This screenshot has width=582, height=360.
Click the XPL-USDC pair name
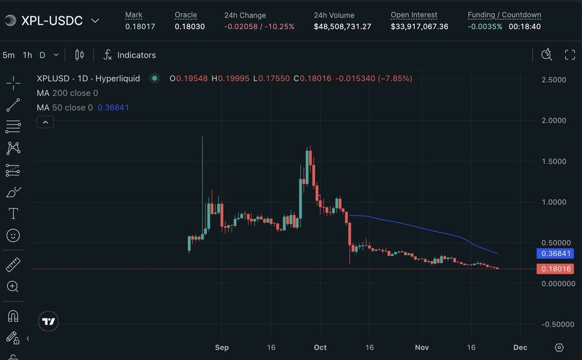[52, 21]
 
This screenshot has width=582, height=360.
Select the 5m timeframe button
[8, 55]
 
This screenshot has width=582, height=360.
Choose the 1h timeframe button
[27, 55]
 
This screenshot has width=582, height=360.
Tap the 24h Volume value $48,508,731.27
[342, 27]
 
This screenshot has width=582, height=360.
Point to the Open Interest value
[419, 27]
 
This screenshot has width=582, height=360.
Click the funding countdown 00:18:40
[524, 27]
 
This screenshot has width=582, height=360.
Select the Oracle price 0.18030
[189, 27]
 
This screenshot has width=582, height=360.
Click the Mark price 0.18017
[140, 27]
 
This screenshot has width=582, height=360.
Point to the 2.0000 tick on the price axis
[554, 120]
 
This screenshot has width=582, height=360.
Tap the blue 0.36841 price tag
[556, 254]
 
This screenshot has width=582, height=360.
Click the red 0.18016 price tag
[556, 269]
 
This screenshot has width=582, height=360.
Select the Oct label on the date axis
[320, 347]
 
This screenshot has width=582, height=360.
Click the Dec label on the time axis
[520, 347]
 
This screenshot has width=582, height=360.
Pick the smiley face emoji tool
[13, 235]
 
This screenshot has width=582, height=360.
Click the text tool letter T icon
[13, 213]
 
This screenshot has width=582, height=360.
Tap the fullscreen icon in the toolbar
[570, 55]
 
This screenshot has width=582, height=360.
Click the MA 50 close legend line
[82, 107]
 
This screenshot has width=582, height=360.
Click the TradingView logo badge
[48, 321]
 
